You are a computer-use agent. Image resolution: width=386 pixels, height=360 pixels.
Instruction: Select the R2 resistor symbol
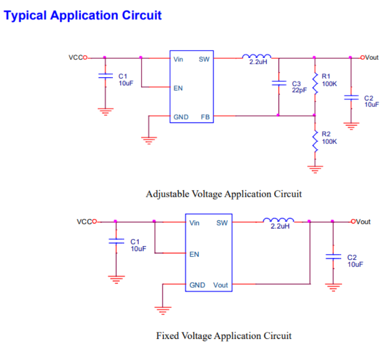(315, 141)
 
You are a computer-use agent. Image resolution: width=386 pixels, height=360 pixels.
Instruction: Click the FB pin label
(205, 117)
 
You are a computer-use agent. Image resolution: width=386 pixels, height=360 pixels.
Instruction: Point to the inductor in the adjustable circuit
(256, 56)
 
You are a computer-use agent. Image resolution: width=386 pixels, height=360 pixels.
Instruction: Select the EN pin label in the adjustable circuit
(178, 88)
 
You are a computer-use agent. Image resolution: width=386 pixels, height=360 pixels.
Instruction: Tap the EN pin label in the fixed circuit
(194, 254)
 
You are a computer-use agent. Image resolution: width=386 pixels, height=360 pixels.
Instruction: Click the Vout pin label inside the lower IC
(220, 285)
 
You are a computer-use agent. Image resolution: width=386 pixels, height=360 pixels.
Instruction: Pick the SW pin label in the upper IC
(204, 59)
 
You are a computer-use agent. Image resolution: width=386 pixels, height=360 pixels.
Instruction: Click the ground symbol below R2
(315, 169)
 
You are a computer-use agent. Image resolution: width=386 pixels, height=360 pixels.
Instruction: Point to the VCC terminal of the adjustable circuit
(85, 58)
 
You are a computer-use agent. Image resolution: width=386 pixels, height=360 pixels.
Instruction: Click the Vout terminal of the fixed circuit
(353, 221)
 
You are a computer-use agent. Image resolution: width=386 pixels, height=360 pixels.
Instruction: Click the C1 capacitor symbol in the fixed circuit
(116, 241)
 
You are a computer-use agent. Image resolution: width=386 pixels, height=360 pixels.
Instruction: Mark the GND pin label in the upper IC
(181, 117)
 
